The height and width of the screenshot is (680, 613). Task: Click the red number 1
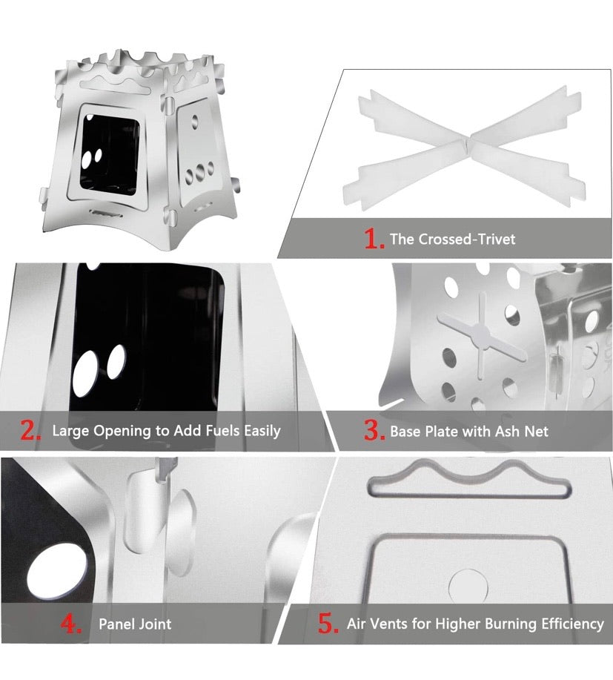point(374,239)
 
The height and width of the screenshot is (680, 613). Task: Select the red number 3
point(373,431)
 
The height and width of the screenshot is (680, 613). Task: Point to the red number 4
point(70,623)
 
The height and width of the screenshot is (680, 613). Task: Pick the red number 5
point(328,623)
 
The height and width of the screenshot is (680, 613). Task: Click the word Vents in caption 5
point(388,624)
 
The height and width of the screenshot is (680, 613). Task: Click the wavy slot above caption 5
point(467,478)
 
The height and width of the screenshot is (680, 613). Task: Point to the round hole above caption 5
point(468,586)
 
